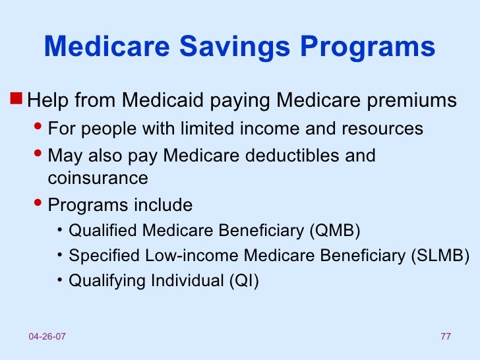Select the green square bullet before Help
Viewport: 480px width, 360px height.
[x=18, y=100]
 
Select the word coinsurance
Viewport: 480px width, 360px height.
[x=98, y=178]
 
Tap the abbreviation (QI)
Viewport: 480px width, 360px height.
[x=243, y=281]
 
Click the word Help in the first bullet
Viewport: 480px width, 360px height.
[x=50, y=101]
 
